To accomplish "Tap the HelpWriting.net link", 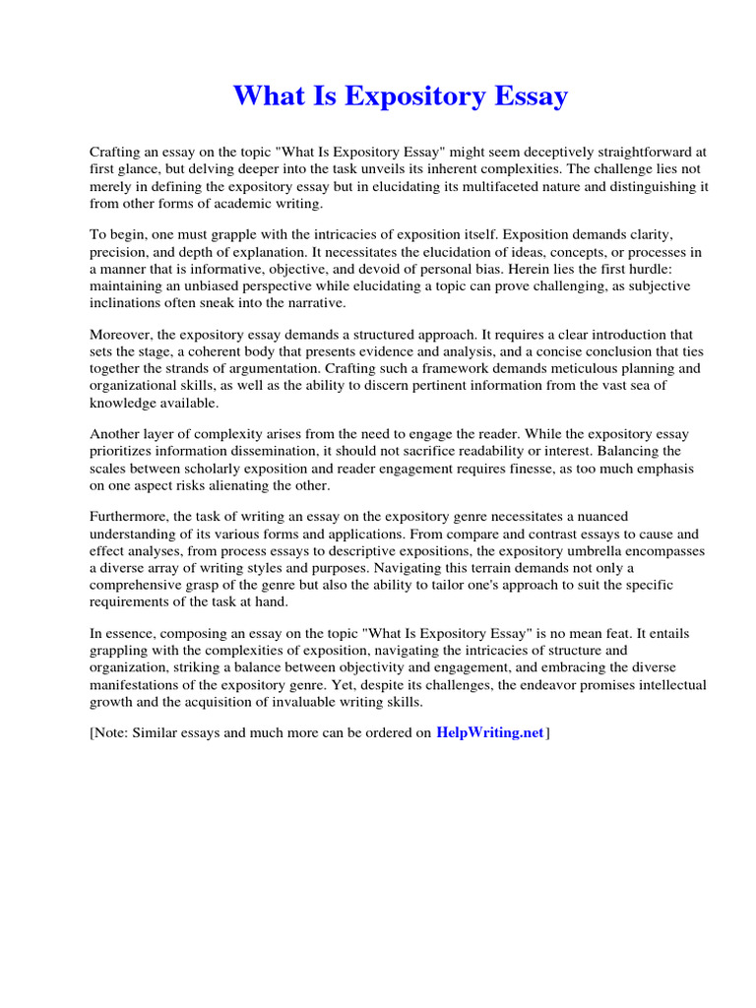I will pyautogui.click(x=489, y=732).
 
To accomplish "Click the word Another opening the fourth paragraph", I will pyautogui.click(x=117, y=434).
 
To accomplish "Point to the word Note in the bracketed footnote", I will pyautogui.click(x=112, y=733).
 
